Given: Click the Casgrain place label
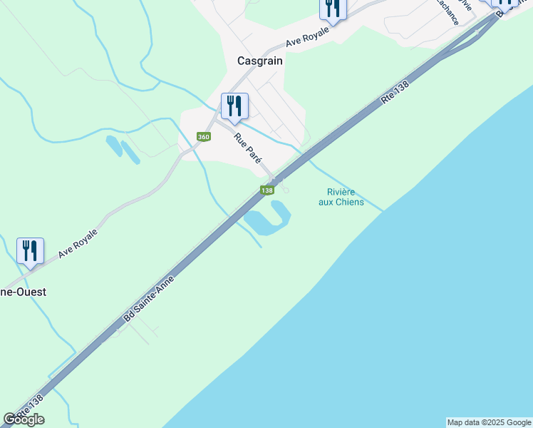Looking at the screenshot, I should tap(260, 61).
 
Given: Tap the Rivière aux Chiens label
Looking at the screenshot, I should tap(341, 197).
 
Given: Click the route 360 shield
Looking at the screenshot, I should tap(204, 137).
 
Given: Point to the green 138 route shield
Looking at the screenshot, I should tap(267, 190).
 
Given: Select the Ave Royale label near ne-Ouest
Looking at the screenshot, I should tap(78, 243).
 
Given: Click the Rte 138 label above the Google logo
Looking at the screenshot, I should tap(29, 407).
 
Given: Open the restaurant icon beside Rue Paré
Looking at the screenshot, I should tap(234, 107).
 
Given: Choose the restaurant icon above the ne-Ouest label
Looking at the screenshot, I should tap(30, 251).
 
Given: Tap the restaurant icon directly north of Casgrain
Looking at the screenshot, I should tap(332, 8).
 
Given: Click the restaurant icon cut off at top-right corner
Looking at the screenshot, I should tap(506, 4).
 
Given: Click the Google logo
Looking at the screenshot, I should tap(24, 420).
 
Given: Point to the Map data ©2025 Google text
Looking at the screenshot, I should tap(489, 422).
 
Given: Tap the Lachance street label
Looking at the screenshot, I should tap(445, 13).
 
